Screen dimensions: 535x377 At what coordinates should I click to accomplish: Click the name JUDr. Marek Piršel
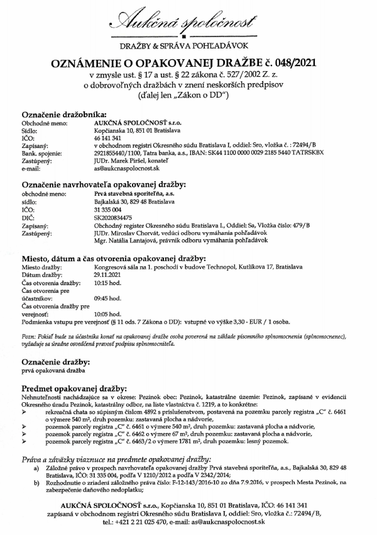tap(121, 160)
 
